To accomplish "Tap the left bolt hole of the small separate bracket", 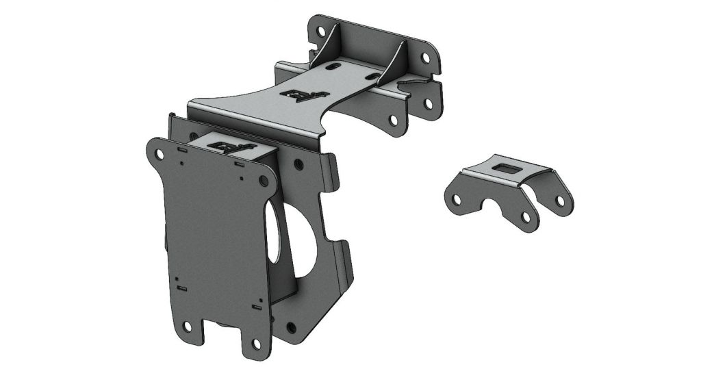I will coord(455,198).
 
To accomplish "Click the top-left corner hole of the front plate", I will coord(159,155).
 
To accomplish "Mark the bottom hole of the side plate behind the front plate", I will coord(291,328).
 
